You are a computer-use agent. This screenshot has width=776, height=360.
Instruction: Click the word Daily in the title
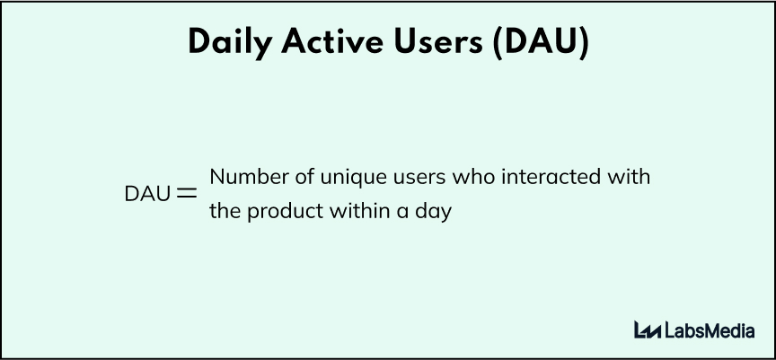(x=230, y=43)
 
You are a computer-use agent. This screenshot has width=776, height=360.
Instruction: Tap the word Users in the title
(x=438, y=42)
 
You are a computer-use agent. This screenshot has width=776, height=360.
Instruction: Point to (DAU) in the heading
(x=542, y=43)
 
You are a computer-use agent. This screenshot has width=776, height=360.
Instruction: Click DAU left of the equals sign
(x=147, y=194)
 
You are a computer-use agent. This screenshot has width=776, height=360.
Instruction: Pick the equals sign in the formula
(x=187, y=194)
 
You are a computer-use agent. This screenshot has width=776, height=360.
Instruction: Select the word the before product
(x=225, y=211)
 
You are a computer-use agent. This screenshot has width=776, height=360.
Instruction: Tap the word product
(x=285, y=213)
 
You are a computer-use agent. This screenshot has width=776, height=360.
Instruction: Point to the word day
(x=434, y=213)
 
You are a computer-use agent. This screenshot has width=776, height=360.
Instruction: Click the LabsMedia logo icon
(x=648, y=329)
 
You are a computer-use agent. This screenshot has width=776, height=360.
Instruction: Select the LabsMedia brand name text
(x=710, y=329)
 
